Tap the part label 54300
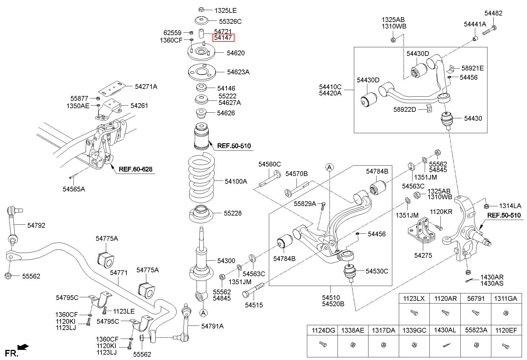(226, 261)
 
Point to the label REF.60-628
(136, 169)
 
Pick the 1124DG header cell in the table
(323, 330)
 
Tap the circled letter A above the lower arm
(329, 167)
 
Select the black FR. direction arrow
(23, 347)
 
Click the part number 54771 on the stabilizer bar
(119, 272)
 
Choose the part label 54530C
(377, 271)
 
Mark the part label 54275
(423, 255)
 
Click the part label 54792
(36, 225)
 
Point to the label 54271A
(146, 87)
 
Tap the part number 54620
(236, 53)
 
